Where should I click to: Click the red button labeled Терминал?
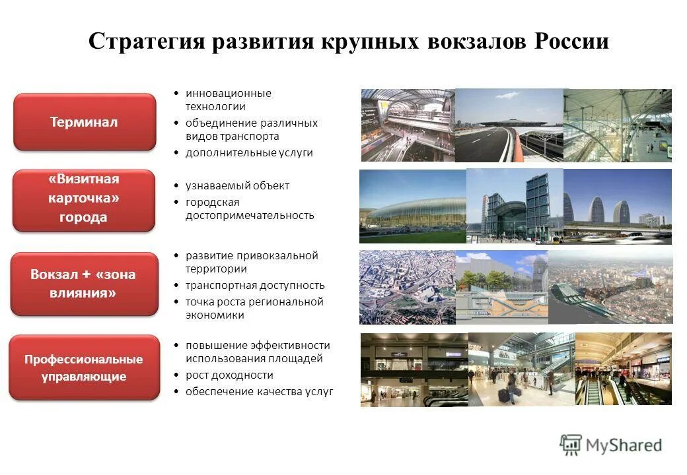[x=85, y=122]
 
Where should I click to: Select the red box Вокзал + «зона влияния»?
[x=84, y=284]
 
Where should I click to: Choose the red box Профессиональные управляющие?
[x=84, y=368]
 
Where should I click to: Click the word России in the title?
[x=571, y=42]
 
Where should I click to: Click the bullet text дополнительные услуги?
[x=249, y=153]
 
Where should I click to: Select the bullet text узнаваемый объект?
[x=237, y=186]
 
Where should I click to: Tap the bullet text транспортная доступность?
[x=255, y=286]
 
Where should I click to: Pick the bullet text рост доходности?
[x=229, y=375]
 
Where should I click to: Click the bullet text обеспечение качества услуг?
[x=259, y=392]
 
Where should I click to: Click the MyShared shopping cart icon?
[x=571, y=445]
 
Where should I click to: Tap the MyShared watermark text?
[x=624, y=445]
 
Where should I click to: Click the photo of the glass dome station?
[x=412, y=206]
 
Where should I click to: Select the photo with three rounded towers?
[x=617, y=206]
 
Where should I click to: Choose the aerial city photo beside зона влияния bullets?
[x=407, y=287]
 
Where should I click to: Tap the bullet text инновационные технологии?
[x=228, y=100]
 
